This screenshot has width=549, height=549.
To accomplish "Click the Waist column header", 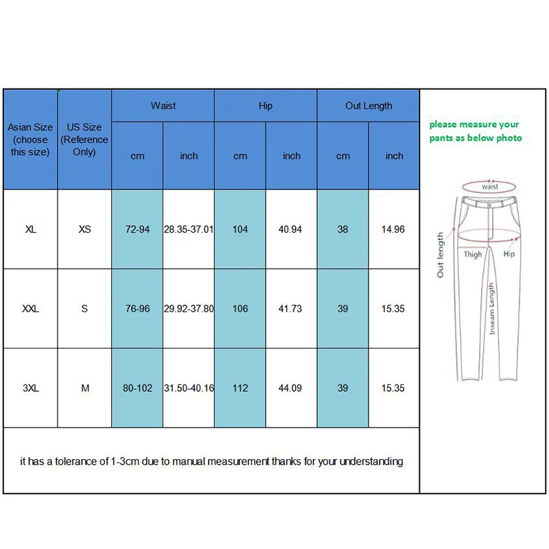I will point(163,106).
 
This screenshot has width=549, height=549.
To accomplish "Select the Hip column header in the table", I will point(266,106).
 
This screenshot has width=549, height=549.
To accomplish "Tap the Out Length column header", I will point(369,106).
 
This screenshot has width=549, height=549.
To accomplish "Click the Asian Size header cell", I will point(30,139).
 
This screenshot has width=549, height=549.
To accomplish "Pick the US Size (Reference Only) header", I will point(84,139).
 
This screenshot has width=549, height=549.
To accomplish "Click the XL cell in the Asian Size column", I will point(30,229).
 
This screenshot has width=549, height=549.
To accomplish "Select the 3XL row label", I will point(30,388).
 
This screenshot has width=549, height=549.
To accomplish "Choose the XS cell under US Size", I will point(84,229).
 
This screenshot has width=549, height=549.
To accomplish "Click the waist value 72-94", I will point(137,229).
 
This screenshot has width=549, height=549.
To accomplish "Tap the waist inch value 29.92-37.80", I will point(189,309).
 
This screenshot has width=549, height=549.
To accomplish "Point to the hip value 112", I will point(240,388).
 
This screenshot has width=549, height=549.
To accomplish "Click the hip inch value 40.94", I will point(291,229).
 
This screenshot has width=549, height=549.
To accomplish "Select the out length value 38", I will point(342,229).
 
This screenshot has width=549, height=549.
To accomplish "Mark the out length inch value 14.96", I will point(393,229).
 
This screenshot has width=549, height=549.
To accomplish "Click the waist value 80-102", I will point(137,388).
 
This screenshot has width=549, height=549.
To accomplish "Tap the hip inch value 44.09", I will point(291,388).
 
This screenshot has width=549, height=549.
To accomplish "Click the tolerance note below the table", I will point(211,462).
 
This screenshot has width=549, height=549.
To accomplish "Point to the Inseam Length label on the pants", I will point(491,309).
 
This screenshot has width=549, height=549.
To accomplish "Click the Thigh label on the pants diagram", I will point(473,255).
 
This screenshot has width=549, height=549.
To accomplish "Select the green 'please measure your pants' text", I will point(476,131).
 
